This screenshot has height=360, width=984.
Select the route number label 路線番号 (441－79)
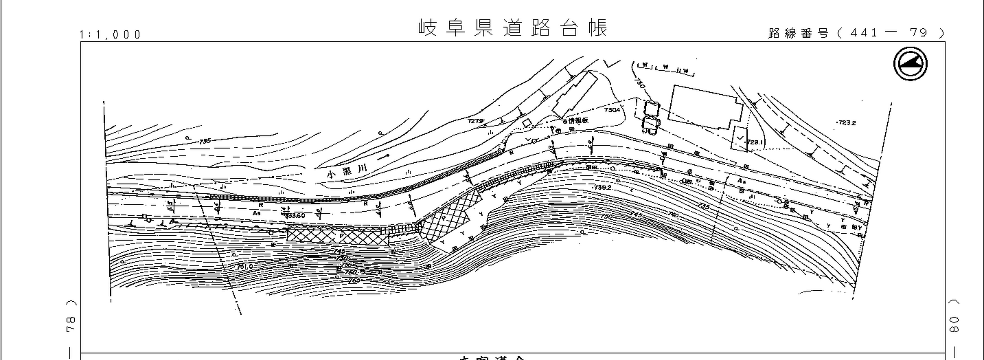[x=856, y=33]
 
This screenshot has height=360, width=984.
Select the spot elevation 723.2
[x=846, y=123]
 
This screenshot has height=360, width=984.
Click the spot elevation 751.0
[x=244, y=266]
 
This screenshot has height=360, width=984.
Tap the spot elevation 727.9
[x=475, y=121]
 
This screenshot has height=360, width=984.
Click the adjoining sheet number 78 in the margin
[x=71, y=324]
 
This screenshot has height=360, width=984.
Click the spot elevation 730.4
[x=612, y=110]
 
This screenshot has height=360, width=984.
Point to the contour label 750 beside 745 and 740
[x=606, y=216]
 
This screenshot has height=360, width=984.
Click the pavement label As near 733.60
[x=256, y=213]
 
